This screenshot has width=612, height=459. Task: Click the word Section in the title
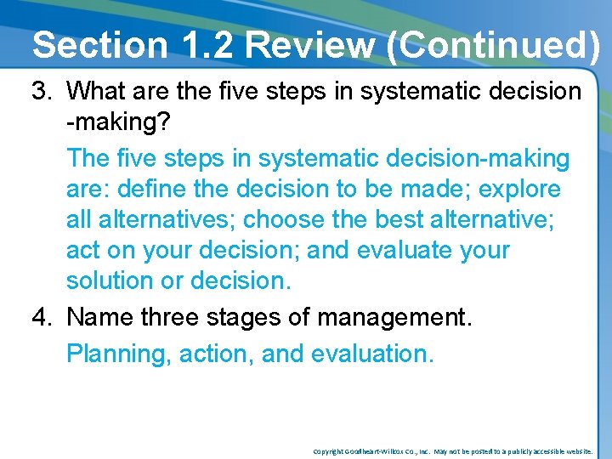pyautogui.click(x=99, y=45)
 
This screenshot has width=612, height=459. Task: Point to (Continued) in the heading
pyautogui.click(x=492, y=45)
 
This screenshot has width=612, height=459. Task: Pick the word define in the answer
pyautogui.click(x=156, y=189)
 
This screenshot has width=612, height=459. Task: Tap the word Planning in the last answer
pyautogui.click(x=119, y=353)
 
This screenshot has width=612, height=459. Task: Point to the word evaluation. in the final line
pyautogui.click(x=372, y=353)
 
